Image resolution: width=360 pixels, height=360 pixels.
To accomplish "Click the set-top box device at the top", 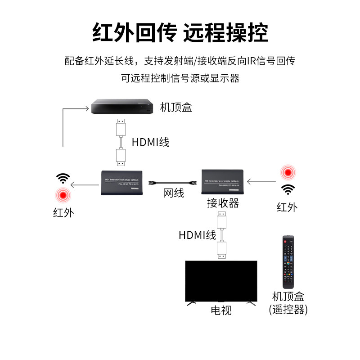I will [x=121, y=107].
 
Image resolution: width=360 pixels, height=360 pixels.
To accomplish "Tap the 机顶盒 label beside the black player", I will [x=176, y=108].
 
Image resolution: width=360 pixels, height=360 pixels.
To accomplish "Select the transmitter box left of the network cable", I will [x=122, y=182].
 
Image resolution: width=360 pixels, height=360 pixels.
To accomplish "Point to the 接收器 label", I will [x=223, y=203].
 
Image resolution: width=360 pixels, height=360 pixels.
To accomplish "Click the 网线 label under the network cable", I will [x=174, y=193].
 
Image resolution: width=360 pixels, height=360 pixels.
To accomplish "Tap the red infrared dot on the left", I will [x=63, y=196].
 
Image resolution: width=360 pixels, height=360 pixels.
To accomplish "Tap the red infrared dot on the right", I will [x=287, y=172].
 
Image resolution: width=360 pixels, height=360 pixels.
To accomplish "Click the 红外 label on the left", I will [x=63, y=212].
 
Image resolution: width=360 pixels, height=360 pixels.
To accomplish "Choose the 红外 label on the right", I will [x=287, y=207].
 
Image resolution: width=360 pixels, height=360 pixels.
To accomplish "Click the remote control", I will [x=288, y=261].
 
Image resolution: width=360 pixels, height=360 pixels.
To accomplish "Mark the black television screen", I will [x=221, y=281].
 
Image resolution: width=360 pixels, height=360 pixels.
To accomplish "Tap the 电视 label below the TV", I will [x=221, y=310].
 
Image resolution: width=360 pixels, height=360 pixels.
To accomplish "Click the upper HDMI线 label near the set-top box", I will [x=150, y=143].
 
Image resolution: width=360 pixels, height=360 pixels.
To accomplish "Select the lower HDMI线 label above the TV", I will [x=197, y=235].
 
